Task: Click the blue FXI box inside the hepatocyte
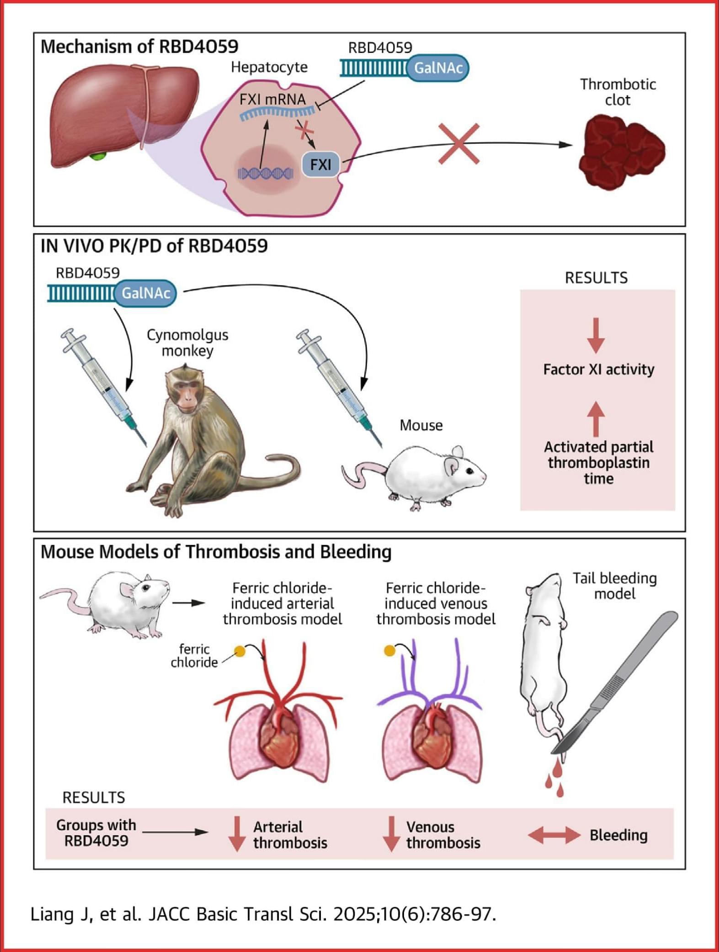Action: point(321,164)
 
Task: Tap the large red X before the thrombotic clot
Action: point(459,144)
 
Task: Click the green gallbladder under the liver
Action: point(98,156)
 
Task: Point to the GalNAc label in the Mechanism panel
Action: point(438,68)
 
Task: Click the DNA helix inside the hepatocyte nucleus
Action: point(266,174)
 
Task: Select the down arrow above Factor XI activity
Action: point(596,336)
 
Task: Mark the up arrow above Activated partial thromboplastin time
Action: point(596,418)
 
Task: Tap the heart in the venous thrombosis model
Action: point(432,735)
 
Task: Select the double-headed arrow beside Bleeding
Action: point(554,836)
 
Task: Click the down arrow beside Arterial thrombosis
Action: point(237,834)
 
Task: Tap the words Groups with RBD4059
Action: point(96,833)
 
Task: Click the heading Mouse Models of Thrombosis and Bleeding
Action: point(216,552)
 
